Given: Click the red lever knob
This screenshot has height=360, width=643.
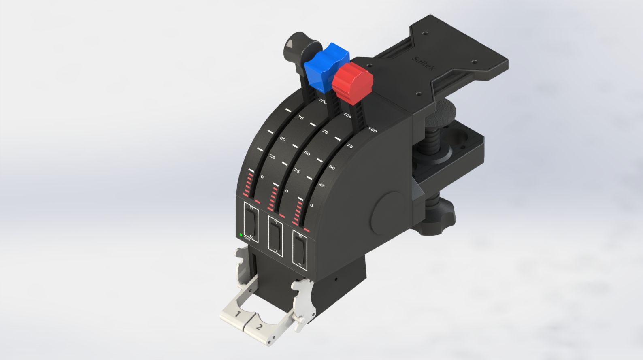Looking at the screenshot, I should click(x=351, y=83).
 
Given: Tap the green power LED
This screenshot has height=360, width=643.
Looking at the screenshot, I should click(x=241, y=235).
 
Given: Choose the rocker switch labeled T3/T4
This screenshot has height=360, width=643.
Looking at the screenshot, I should click(x=276, y=236).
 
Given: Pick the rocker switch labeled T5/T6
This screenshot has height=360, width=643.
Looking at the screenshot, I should click(x=300, y=249).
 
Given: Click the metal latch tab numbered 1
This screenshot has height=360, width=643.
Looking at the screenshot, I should click(x=237, y=314).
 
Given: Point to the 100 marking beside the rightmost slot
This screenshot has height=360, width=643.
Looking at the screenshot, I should click(x=373, y=130).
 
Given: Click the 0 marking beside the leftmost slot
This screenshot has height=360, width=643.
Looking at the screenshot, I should click(x=262, y=177).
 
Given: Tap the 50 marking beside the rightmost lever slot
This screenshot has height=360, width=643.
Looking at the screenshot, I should click(x=332, y=167).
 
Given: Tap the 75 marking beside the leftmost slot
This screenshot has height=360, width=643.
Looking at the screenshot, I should click(x=300, y=117).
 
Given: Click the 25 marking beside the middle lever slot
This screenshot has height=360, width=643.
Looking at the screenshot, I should click(x=297, y=171).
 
